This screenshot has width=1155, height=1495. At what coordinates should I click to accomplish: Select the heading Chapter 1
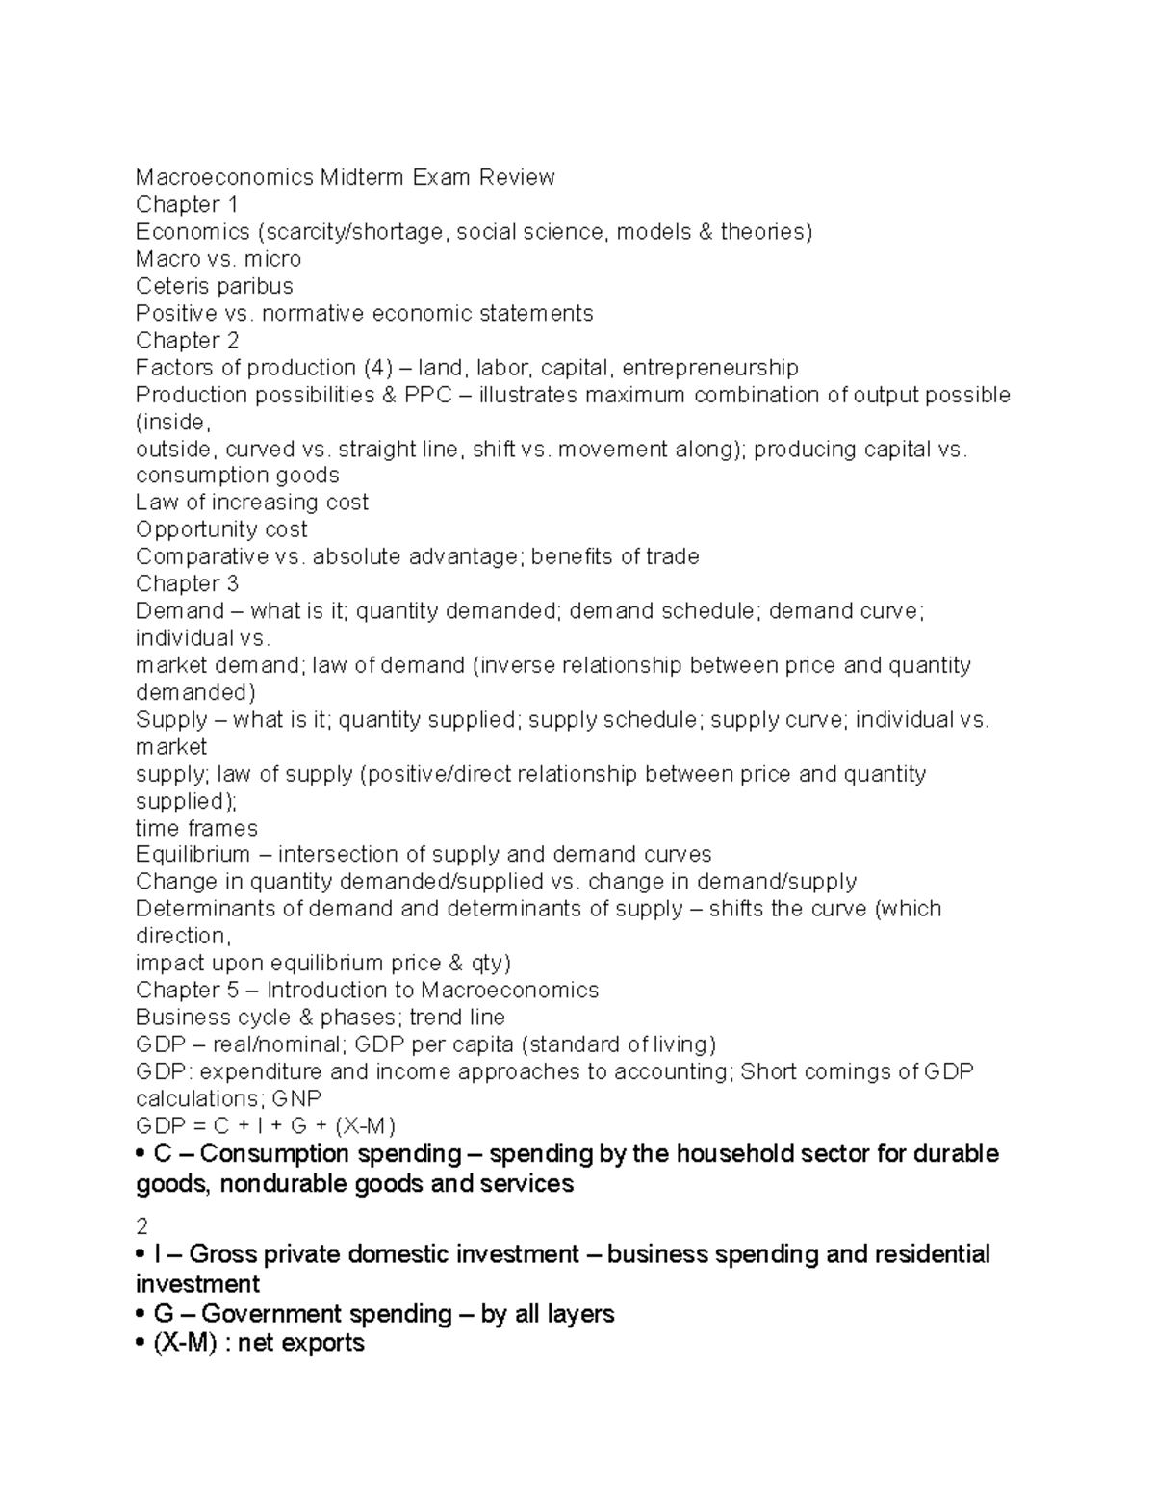point(187,204)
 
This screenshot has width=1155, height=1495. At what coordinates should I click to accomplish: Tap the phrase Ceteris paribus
point(214,286)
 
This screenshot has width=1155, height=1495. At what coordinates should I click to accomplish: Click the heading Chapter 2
point(187,340)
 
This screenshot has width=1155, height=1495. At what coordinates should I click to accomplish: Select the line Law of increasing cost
point(252,503)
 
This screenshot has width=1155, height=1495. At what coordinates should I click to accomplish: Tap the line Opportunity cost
point(221,529)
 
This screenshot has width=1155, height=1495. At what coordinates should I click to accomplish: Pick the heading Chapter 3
point(187,583)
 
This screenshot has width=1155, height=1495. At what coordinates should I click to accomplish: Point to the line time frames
point(196,828)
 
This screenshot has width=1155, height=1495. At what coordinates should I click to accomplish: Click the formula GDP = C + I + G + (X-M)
point(266,1126)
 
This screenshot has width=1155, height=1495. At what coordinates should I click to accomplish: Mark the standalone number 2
point(142,1226)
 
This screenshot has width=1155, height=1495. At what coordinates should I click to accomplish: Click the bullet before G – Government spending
point(141,1315)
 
